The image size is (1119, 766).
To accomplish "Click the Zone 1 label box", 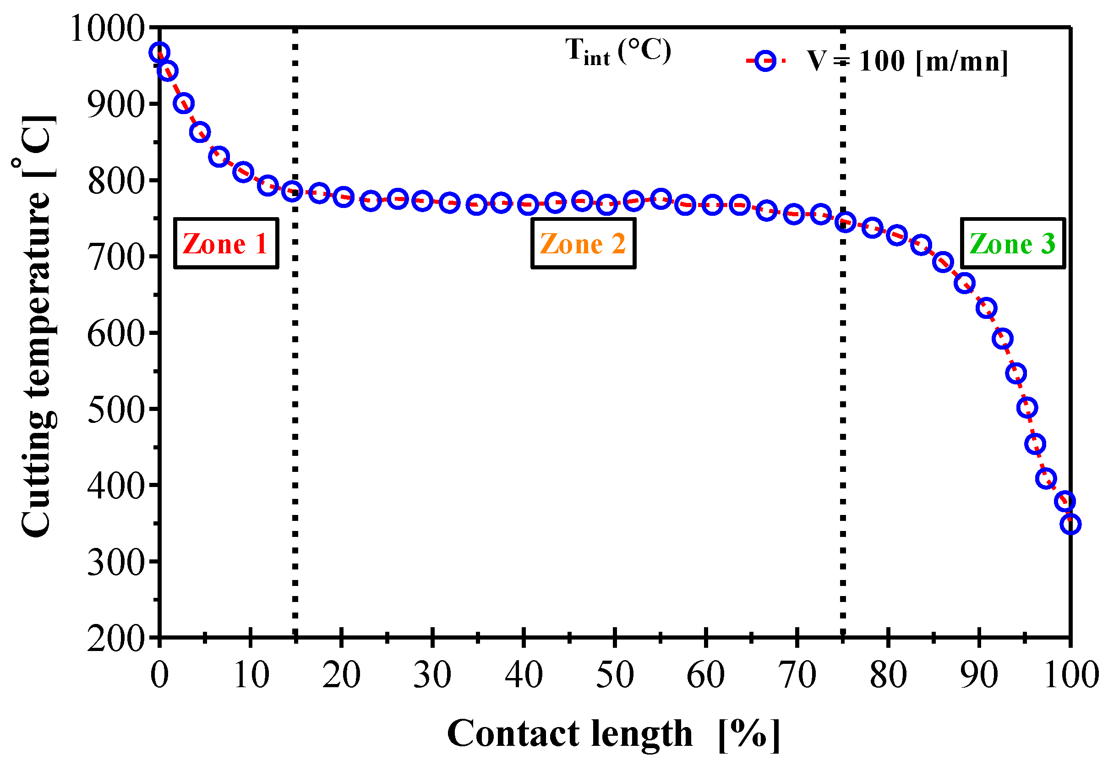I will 226,244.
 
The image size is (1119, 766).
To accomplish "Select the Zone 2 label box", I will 583,244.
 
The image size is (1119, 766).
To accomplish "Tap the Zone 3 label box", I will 1013,244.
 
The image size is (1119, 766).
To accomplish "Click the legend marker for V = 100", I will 765,61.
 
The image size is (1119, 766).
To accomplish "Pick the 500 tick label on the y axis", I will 115,410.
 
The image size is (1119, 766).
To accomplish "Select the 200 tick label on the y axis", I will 115,639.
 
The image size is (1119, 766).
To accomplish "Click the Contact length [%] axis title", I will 613,734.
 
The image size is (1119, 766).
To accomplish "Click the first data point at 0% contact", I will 159,52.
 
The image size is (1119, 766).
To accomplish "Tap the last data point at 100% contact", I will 1070,524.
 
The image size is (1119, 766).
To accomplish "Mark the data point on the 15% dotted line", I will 292,191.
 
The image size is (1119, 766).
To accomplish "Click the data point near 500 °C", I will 1027,408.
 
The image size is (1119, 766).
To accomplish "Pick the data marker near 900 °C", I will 184,103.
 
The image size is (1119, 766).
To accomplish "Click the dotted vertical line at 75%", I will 843,433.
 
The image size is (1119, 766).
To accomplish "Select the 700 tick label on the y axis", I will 115,258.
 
